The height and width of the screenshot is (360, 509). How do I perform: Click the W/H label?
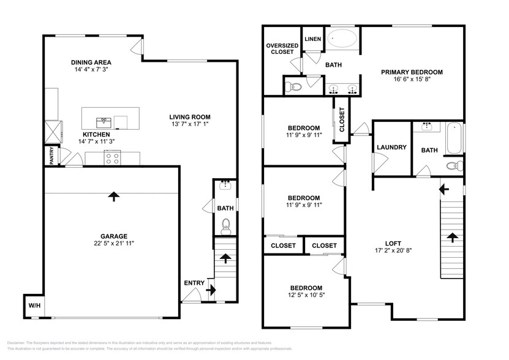[x=34, y=306]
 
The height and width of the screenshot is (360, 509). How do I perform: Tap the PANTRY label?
[x=51, y=156]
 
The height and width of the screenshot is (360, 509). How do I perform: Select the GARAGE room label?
[x=113, y=236]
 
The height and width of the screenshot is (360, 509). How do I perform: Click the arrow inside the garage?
[x=113, y=196]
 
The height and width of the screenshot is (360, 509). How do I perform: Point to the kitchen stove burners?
[x=112, y=158]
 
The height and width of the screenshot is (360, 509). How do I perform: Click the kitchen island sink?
[x=104, y=123]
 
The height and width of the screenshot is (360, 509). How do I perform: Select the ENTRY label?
[x=194, y=283]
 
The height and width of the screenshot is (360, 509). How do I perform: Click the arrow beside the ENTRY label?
[x=211, y=290]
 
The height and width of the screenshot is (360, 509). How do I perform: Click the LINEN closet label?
[x=313, y=39]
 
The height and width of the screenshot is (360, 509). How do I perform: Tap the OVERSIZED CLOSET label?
[x=282, y=49]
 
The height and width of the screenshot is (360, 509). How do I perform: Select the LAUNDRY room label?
[x=391, y=147]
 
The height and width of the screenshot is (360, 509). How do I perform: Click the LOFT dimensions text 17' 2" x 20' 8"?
[x=393, y=250]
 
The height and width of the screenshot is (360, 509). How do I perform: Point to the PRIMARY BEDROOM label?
[x=412, y=72]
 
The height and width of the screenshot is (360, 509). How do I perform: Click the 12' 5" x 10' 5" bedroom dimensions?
[x=306, y=294]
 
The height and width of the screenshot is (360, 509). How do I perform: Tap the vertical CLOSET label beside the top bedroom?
[x=342, y=119]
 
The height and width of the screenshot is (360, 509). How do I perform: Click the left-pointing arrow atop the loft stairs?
[x=444, y=189]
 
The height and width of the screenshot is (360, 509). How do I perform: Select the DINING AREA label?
[x=91, y=62]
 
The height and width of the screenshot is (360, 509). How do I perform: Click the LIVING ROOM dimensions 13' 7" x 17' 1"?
[x=190, y=124]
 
